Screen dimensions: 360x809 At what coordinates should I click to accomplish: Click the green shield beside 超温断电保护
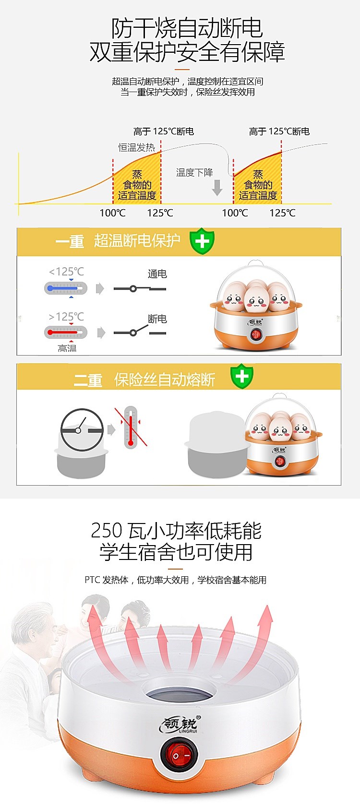click(x=202, y=241)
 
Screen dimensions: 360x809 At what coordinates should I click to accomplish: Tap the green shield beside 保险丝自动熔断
click(x=242, y=377)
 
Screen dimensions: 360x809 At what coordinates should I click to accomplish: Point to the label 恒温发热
click(x=137, y=147)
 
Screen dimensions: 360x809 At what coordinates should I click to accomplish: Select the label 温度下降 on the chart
click(x=194, y=172)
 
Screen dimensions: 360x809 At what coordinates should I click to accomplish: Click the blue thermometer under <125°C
click(x=66, y=288)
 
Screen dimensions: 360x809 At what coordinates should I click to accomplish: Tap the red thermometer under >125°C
click(x=66, y=332)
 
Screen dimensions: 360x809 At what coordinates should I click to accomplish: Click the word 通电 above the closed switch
click(x=157, y=274)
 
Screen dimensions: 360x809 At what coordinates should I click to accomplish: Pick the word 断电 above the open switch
click(x=157, y=319)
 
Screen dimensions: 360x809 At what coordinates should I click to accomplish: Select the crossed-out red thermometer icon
click(x=131, y=427)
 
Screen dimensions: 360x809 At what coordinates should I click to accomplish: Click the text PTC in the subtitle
click(x=92, y=580)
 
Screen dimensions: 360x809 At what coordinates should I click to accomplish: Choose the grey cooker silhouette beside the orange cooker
click(x=216, y=445)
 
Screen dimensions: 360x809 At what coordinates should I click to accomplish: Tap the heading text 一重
click(x=70, y=241)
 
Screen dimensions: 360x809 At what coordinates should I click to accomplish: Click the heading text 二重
click(x=88, y=380)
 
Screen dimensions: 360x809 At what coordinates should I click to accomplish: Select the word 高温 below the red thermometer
click(x=67, y=348)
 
